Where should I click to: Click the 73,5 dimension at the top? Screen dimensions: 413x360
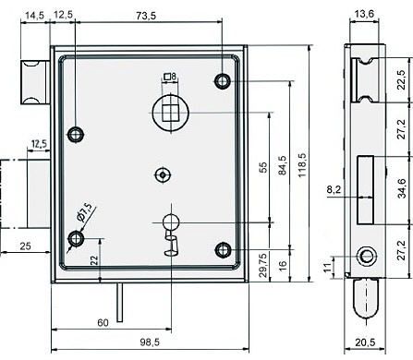pyautogui.click(x=146, y=16)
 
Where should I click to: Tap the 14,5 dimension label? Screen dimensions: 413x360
pyautogui.click(x=34, y=16)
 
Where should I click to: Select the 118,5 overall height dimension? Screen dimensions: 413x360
pyautogui.click(x=302, y=164)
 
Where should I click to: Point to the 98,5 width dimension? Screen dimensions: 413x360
pyautogui.click(x=150, y=342)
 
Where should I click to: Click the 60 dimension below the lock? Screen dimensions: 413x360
pyautogui.click(x=103, y=323)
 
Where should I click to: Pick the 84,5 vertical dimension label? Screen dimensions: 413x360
pyautogui.click(x=283, y=165)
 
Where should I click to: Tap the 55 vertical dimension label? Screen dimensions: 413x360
pyautogui.click(x=263, y=168)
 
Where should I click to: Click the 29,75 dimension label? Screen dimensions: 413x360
pyautogui.click(x=263, y=265)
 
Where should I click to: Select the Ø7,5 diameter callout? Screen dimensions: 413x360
pyautogui.click(x=84, y=212)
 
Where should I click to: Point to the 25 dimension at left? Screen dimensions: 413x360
pyautogui.click(x=25, y=246)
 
